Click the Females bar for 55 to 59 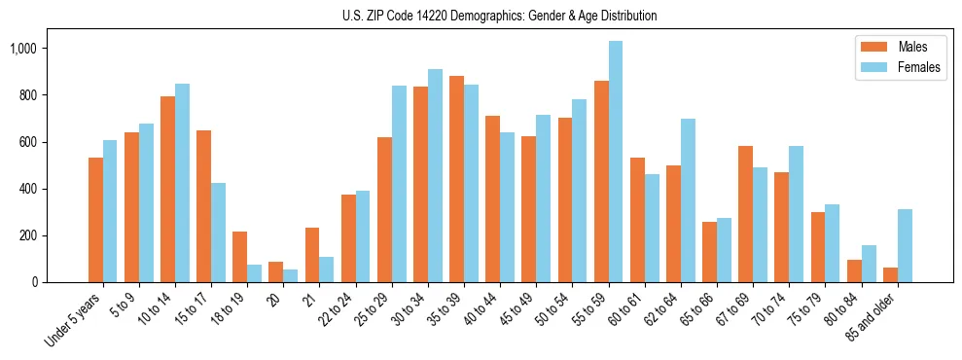click(616, 162)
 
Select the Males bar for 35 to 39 click(456, 179)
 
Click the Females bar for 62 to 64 click(688, 200)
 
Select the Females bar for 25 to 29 click(399, 184)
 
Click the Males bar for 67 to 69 click(745, 214)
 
